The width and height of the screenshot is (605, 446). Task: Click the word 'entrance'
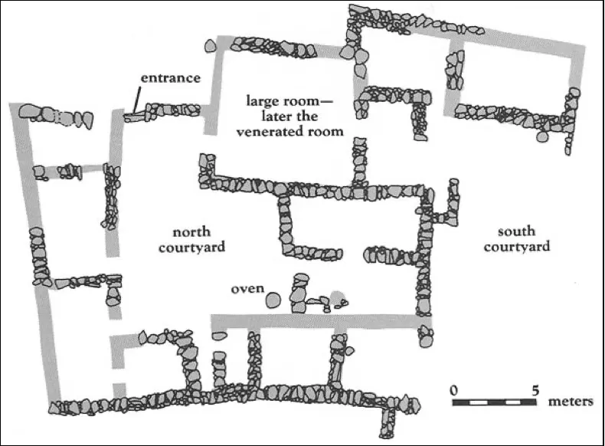coord(170,78)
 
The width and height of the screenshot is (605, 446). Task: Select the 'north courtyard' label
coord(192,239)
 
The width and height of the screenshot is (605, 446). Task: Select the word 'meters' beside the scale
coord(571,401)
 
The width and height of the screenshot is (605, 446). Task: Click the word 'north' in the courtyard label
coord(191,231)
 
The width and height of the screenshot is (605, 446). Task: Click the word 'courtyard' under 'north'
coord(192,247)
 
